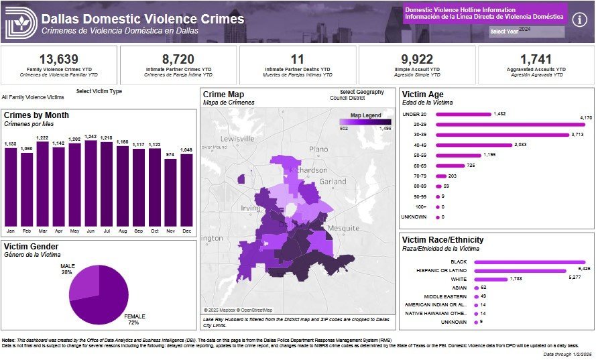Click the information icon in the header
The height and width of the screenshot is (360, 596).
[581, 19]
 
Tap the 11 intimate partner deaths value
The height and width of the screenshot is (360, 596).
[298, 59]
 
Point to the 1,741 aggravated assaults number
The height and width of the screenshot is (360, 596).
[536, 59]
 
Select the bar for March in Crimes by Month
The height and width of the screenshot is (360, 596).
[42, 183]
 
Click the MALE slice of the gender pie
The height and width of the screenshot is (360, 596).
[82, 286]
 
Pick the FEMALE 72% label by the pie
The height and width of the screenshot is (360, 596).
[134, 319]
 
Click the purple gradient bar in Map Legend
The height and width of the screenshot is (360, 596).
[365, 122]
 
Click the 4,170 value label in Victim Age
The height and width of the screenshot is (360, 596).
[585, 119]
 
